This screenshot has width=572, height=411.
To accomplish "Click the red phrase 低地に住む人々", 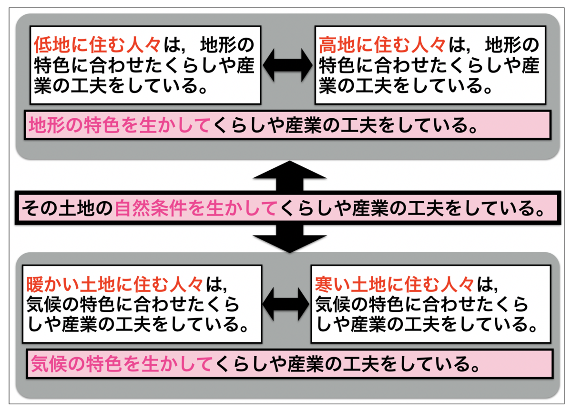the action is coord(97,45).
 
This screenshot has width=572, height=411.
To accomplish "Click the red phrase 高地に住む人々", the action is coord(382,45).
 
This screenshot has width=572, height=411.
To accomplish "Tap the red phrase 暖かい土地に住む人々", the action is coord(115,285).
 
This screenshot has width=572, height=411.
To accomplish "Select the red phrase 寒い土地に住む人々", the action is coord(395,285).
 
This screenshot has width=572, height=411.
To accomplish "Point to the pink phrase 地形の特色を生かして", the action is coord(119,125).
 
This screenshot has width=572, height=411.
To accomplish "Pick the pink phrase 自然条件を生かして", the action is coord(196,208).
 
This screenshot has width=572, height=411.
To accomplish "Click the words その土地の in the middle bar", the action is coord(67,208).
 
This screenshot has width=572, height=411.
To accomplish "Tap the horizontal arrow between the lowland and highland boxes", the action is coord(288,65).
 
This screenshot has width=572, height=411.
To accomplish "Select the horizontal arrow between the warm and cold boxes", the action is coord(286,304).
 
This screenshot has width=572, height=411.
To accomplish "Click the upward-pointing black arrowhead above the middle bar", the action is coord(290,170).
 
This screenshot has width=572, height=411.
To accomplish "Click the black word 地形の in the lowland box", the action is coord(227,45).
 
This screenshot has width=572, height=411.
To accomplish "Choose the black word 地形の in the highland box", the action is coord(512,45).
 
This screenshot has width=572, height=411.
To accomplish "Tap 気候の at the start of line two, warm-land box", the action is coord(52,305).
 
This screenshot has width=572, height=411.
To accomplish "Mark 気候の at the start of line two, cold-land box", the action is coord(342,305).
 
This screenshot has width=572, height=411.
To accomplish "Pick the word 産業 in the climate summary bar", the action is coord(306,364).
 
